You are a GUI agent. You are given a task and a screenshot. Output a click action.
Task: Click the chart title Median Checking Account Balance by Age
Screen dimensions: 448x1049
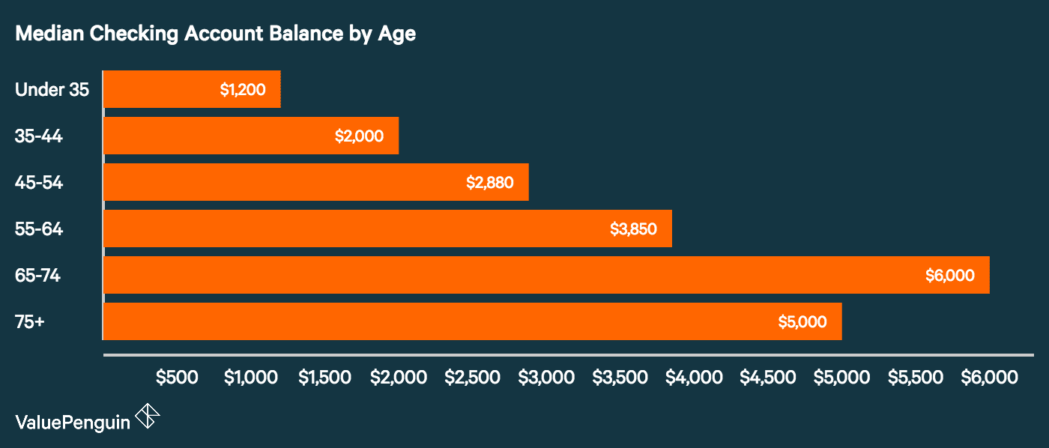[x=215, y=34]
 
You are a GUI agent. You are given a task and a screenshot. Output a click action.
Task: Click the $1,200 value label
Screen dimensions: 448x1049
[x=243, y=90]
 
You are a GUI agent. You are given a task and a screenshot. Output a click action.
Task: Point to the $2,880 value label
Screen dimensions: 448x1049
[x=489, y=183]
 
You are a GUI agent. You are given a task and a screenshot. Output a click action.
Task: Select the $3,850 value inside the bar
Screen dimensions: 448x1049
[x=632, y=229]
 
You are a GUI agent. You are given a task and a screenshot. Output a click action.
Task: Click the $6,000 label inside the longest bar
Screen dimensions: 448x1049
[x=950, y=276]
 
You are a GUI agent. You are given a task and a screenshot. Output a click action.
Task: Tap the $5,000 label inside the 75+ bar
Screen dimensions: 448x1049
[x=802, y=322]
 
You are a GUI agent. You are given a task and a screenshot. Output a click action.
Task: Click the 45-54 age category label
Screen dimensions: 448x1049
[x=39, y=182]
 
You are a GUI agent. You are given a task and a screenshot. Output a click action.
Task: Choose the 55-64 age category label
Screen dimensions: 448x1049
[x=39, y=228]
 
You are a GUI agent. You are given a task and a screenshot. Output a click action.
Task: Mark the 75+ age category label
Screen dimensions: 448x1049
[x=31, y=321]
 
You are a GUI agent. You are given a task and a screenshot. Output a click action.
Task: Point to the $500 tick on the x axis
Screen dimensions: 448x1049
[x=177, y=378]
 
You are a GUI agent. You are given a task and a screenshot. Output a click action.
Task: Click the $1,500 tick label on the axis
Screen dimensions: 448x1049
[x=324, y=378]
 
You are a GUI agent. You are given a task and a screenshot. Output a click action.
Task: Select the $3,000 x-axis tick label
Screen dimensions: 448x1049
[x=546, y=378]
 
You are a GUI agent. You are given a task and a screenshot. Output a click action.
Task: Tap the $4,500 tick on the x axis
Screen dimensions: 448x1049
[x=768, y=378]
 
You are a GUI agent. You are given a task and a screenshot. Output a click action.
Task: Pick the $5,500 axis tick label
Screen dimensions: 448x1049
[x=916, y=378]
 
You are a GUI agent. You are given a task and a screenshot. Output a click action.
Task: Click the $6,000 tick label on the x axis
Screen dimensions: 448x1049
[x=990, y=378]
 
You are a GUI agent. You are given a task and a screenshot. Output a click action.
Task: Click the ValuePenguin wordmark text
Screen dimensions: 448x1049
[x=72, y=421]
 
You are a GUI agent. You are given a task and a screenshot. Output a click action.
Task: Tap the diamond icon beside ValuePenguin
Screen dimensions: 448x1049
[x=148, y=417]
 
